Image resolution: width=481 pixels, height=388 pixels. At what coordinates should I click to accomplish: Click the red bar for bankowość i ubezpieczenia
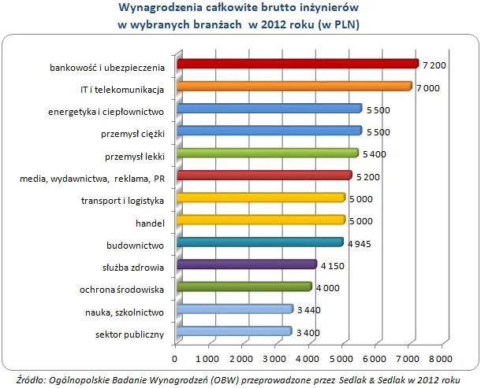[x=298, y=64]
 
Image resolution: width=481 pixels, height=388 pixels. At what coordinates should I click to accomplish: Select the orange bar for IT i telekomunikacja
[x=295, y=86]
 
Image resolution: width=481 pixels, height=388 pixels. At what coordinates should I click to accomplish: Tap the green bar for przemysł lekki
[x=268, y=153]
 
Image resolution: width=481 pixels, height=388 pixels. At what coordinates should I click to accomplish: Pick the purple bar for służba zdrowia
[x=248, y=264]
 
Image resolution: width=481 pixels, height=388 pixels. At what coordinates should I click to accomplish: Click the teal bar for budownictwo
[x=261, y=242]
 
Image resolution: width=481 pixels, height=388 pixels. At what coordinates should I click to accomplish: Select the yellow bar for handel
[x=262, y=220]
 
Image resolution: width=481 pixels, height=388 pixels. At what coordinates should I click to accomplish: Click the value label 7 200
[x=436, y=65]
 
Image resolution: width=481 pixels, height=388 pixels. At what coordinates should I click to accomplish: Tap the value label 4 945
[x=360, y=243]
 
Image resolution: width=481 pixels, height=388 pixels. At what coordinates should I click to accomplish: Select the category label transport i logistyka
[x=122, y=199]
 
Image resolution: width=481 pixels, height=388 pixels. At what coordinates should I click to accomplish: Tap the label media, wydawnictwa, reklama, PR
[x=91, y=177]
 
